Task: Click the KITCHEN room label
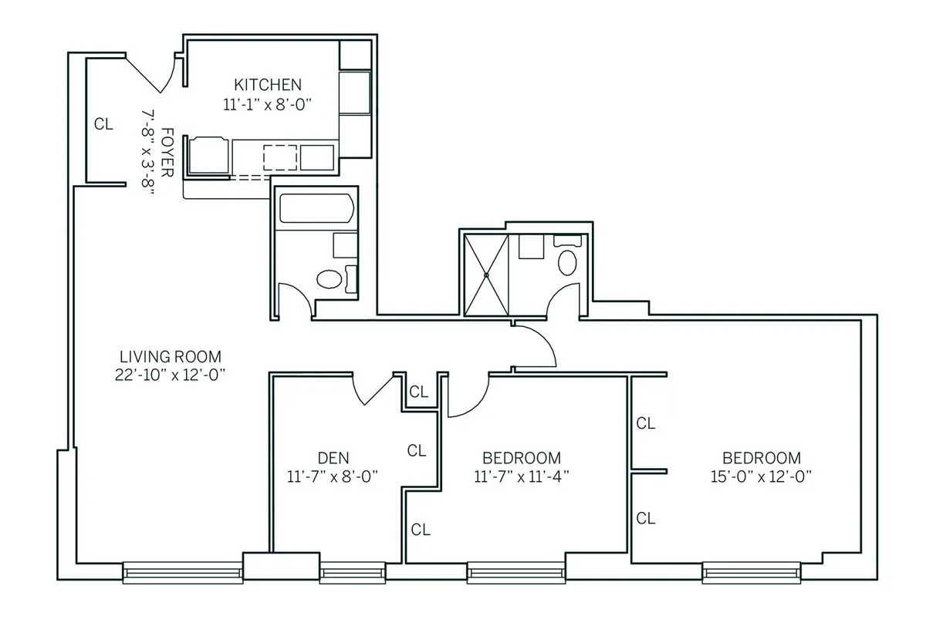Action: (268, 85)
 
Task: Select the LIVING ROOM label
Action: (171, 357)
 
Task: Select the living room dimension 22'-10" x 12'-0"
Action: (171, 375)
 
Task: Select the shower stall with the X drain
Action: (486, 274)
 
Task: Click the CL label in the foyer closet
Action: (103, 123)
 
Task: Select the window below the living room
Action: (183, 571)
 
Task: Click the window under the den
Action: (342, 571)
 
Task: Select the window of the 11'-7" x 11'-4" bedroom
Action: (513, 571)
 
